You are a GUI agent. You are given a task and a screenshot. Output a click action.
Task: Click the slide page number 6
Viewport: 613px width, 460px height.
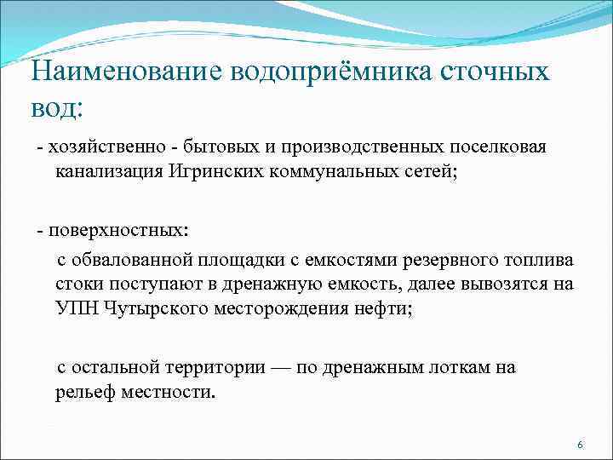(580, 446)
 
